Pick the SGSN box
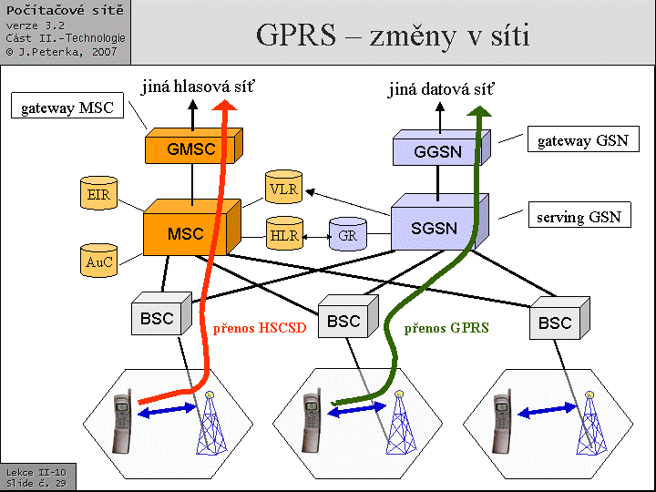pos(435,228)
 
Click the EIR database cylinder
pos(97,194)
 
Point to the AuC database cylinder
pos(97,261)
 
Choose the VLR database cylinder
pos(282,189)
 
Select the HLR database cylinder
pos(283,235)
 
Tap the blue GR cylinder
pos(347,235)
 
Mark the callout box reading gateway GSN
pos(581,140)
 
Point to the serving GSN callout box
pos(579,217)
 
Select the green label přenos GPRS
pos(446,328)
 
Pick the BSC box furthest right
pos(555,323)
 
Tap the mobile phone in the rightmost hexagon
pos(501,423)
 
